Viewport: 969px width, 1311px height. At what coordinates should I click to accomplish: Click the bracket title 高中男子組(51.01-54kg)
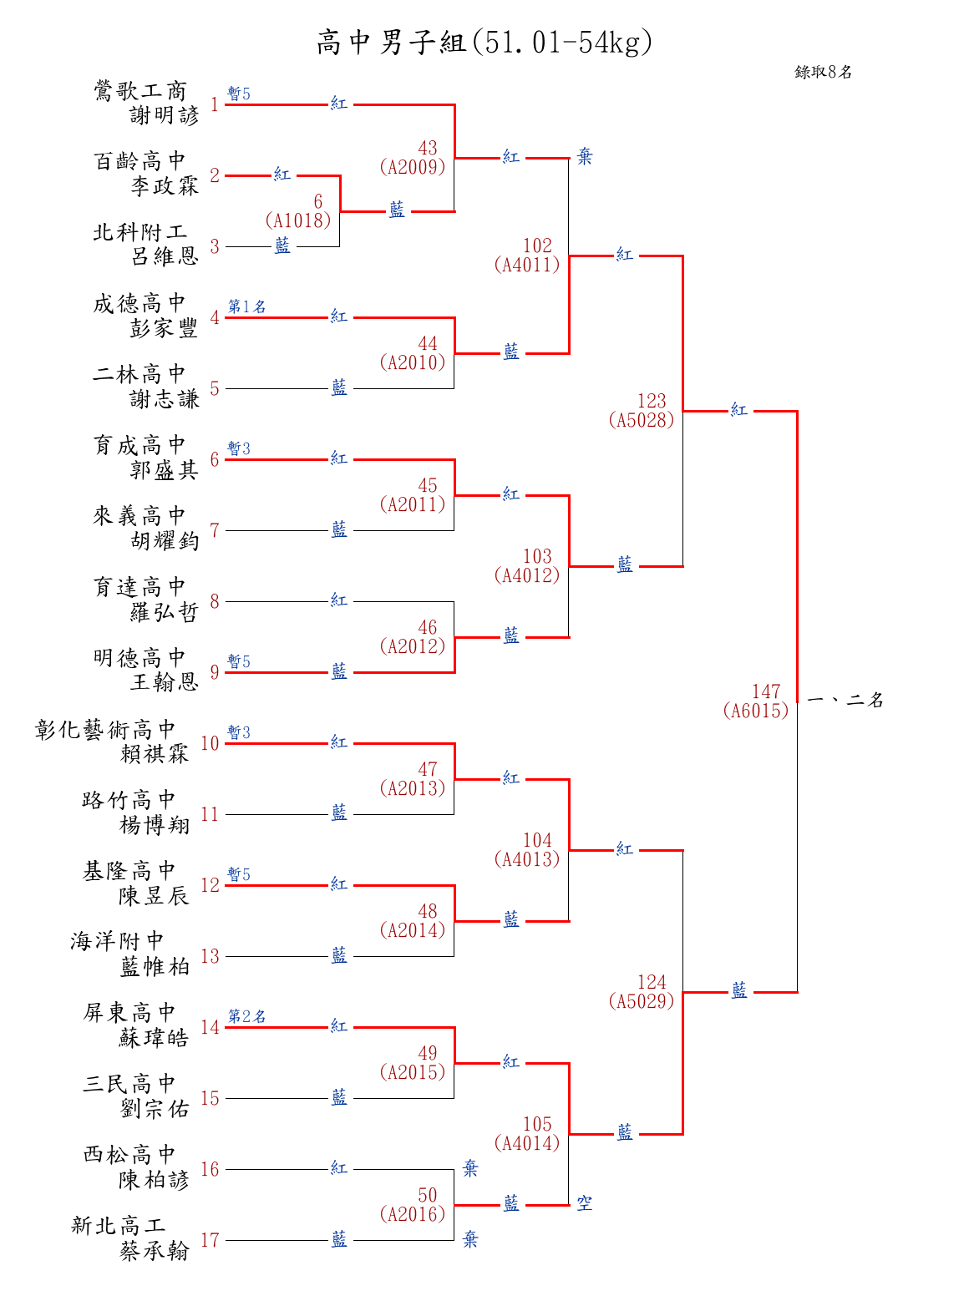click(x=484, y=43)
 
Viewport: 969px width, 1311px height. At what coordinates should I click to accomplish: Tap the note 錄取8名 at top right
click(x=823, y=72)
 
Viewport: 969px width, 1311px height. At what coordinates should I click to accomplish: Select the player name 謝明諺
click(x=165, y=114)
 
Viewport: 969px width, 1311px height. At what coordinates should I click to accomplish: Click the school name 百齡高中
click(x=140, y=161)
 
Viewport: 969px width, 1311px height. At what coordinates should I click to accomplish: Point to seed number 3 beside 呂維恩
click(x=214, y=246)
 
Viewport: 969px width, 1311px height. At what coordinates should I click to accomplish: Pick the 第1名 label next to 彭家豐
click(x=246, y=306)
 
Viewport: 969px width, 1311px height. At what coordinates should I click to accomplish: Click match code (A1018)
click(x=297, y=220)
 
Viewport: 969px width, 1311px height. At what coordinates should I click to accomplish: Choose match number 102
click(x=537, y=245)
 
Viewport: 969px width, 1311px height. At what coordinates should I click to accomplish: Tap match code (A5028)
click(x=642, y=420)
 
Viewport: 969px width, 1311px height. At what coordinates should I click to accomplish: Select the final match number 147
click(x=766, y=691)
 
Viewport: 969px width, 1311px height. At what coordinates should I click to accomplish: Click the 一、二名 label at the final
click(x=845, y=700)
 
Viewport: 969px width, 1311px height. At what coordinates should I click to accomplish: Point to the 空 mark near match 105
click(x=585, y=1202)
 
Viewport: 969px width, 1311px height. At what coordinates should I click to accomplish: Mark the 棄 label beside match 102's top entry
click(x=585, y=156)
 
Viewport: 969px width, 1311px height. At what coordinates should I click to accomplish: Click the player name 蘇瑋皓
click(x=154, y=1037)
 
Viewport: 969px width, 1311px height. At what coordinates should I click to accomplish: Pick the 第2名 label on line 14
click(x=246, y=1016)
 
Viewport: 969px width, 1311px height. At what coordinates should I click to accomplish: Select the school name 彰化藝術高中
click(x=104, y=729)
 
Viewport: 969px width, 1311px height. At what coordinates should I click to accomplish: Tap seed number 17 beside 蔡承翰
click(x=210, y=1240)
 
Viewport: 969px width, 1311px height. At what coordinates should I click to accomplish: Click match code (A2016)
click(x=413, y=1214)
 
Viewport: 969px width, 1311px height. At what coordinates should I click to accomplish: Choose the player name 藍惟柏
click(x=154, y=966)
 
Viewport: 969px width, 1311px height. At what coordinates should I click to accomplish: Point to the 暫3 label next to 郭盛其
click(x=239, y=448)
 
